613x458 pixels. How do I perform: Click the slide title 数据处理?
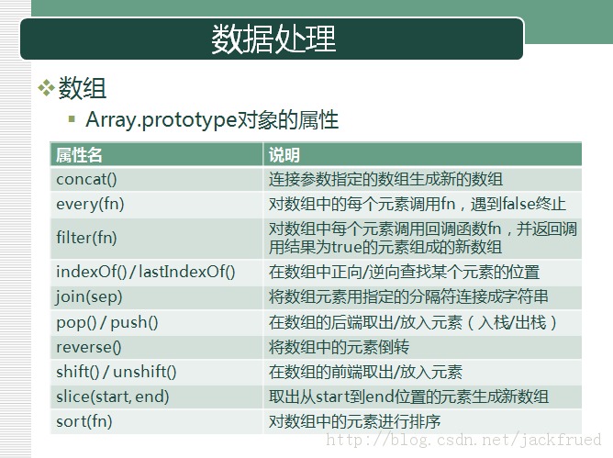tap(273, 39)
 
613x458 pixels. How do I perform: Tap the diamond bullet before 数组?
tap(46, 87)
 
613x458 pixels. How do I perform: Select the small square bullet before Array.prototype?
tap(72, 118)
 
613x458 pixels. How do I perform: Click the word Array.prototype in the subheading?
tap(162, 119)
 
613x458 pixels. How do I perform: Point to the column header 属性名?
tap(79, 155)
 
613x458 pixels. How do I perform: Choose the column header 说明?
tap(284, 155)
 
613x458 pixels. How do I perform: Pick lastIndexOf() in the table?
tap(187, 272)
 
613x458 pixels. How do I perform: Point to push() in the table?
tap(134, 322)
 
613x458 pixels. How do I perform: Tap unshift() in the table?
tap(145, 372)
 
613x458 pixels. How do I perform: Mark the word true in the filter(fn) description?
tap(347, 247)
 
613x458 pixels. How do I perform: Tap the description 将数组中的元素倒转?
tap(339, 347)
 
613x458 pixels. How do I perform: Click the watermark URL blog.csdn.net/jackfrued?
tap(463, 440)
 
